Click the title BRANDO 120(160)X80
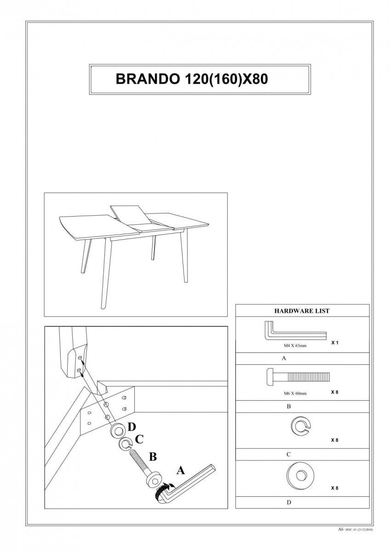[192, 79]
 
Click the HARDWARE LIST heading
[302, 311]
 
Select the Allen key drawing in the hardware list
[295, 330]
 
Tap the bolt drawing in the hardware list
[298, 377]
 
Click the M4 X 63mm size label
[295, 345]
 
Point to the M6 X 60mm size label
[295, 393]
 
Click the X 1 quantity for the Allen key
[334, 343]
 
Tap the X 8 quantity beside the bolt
[334, 392]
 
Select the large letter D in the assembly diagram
[132, 427]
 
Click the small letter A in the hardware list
[284, 358]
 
